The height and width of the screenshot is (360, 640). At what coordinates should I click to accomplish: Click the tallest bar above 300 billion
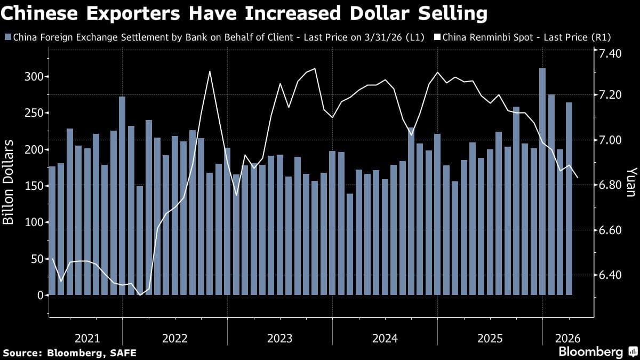point(542,181)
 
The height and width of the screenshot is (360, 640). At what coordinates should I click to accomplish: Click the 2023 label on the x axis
point(279,338)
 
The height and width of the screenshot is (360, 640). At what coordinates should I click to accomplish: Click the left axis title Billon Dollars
point(9,183)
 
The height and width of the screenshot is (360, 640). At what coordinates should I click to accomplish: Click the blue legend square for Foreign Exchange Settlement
point(7,37)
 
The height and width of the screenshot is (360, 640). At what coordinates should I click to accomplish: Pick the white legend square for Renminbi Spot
point(437,37)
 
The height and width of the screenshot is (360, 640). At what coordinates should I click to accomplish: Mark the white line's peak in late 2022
point(210,71)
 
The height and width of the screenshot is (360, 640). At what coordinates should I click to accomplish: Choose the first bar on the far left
point(52,230)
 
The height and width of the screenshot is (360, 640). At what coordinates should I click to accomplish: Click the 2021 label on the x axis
point(87,338)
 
